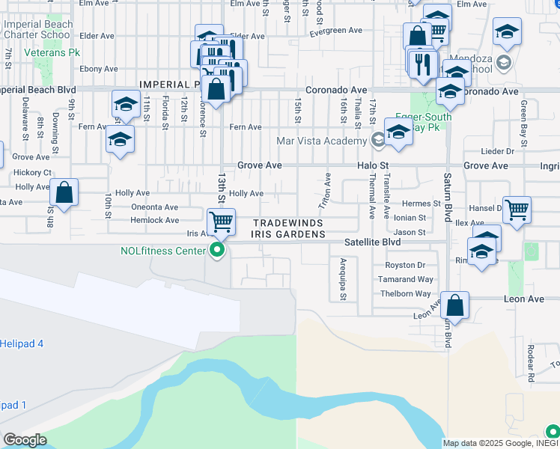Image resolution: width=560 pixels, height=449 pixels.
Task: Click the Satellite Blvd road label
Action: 372,242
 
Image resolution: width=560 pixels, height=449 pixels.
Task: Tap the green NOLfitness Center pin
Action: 218,250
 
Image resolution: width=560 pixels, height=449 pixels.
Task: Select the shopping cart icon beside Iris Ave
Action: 221,222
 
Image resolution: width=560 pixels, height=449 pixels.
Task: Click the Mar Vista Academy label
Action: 323,140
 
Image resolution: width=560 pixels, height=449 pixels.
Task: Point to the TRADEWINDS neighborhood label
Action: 287,223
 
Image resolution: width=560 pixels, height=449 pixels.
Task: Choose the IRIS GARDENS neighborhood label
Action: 288,233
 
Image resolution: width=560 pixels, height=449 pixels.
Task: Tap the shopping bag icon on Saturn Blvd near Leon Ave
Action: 454,305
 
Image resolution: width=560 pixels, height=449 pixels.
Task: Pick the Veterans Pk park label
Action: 52,53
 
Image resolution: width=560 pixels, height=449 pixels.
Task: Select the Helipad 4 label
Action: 22,343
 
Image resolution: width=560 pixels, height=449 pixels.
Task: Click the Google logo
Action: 25,440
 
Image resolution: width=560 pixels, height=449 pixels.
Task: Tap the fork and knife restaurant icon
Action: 424,63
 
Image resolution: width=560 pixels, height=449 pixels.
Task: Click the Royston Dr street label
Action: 405,265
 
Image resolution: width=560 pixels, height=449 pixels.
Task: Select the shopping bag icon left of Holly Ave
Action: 65,193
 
